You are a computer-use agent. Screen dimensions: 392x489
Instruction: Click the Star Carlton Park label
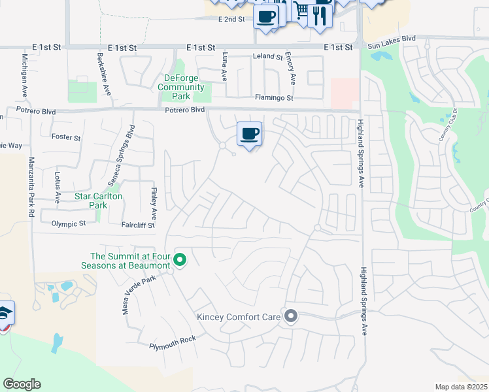click(99, 201)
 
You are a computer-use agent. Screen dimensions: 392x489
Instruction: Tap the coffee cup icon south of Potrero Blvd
click(249, 134)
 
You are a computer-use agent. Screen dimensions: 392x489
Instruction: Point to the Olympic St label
click(69, 223)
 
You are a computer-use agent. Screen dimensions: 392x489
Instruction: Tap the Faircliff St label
click(138, 225)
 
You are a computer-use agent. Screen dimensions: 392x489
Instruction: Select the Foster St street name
click(66, 138)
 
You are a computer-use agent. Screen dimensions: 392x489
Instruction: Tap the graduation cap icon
click(5, 314)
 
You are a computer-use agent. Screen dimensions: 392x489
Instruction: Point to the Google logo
click(22, 384)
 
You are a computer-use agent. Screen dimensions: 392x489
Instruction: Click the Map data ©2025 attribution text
click(460, 387)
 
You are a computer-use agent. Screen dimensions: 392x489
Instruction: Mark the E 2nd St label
click(231, 20)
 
